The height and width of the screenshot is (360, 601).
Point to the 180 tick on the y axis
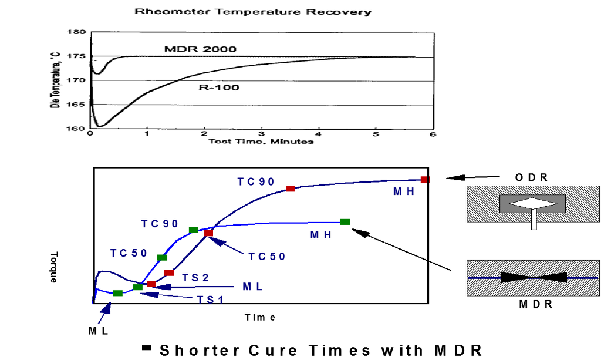[80, 32]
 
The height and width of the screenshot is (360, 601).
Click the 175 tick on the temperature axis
[80, 56]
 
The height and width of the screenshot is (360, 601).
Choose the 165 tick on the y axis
[80, 105]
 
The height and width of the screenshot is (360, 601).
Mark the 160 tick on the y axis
[80, 129]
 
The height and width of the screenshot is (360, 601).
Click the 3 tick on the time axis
[262, 134]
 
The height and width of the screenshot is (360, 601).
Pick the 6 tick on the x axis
[433, 134]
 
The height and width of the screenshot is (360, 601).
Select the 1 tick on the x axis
[147, 134]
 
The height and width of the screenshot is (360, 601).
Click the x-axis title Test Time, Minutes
[262, 142]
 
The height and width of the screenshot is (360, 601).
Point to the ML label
[251, 287]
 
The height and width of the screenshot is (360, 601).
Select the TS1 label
[210, 299]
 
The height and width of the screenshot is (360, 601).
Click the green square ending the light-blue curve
[345, 221]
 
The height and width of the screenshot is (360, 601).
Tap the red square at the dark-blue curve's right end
[424, 179]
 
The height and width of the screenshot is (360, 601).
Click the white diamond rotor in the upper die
[533, 204]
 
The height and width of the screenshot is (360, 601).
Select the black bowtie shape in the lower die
[534, 277]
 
